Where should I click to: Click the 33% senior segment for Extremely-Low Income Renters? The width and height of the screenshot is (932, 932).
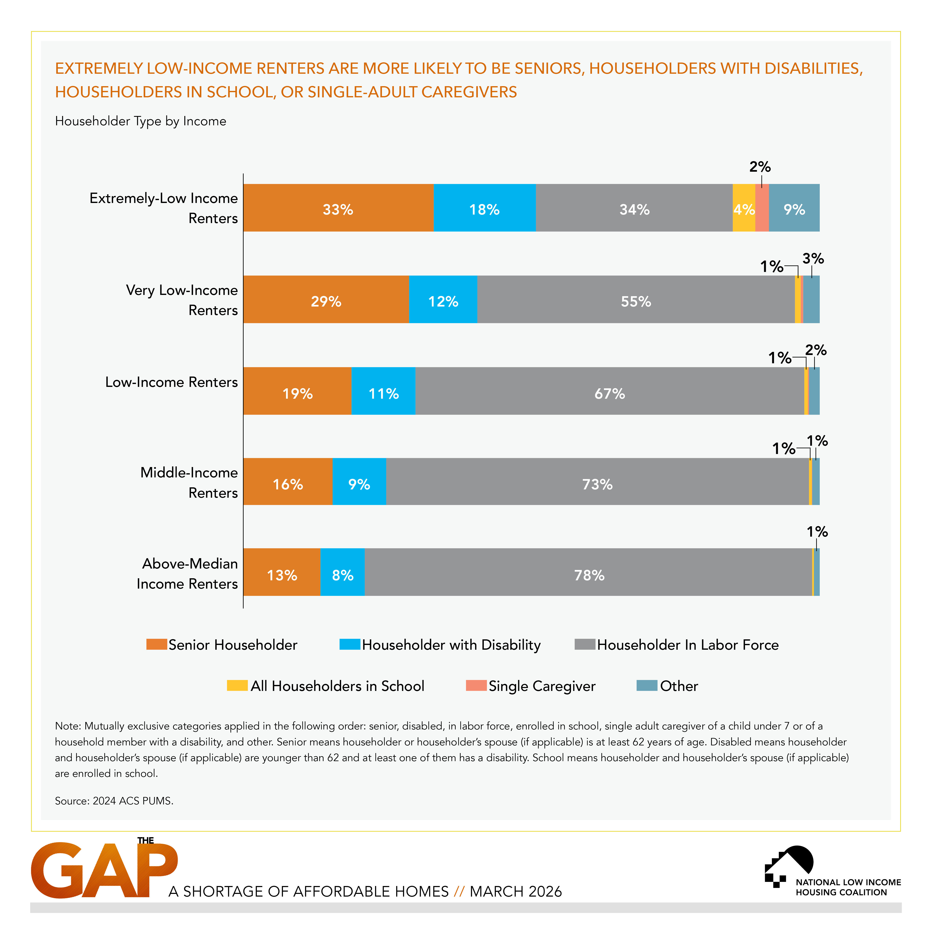coord(338,208)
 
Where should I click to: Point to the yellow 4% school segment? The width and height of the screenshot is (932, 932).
coord(743,208)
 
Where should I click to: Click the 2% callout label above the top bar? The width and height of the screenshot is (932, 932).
coord(760,167)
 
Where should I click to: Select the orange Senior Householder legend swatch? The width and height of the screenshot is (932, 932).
coord(156,645)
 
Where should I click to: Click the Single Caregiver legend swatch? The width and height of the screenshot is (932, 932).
coord(476,686)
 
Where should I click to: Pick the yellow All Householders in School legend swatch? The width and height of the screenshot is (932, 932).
coord(237,686)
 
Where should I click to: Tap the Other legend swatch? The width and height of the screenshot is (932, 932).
coord(646,686)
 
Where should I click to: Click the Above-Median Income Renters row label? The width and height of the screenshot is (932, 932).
coord(188,573)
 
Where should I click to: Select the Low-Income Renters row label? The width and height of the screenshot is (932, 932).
coord(172,382)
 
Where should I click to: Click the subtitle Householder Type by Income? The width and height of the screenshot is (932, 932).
coord(140,121)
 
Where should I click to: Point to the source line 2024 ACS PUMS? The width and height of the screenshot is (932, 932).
coord(114,801)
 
